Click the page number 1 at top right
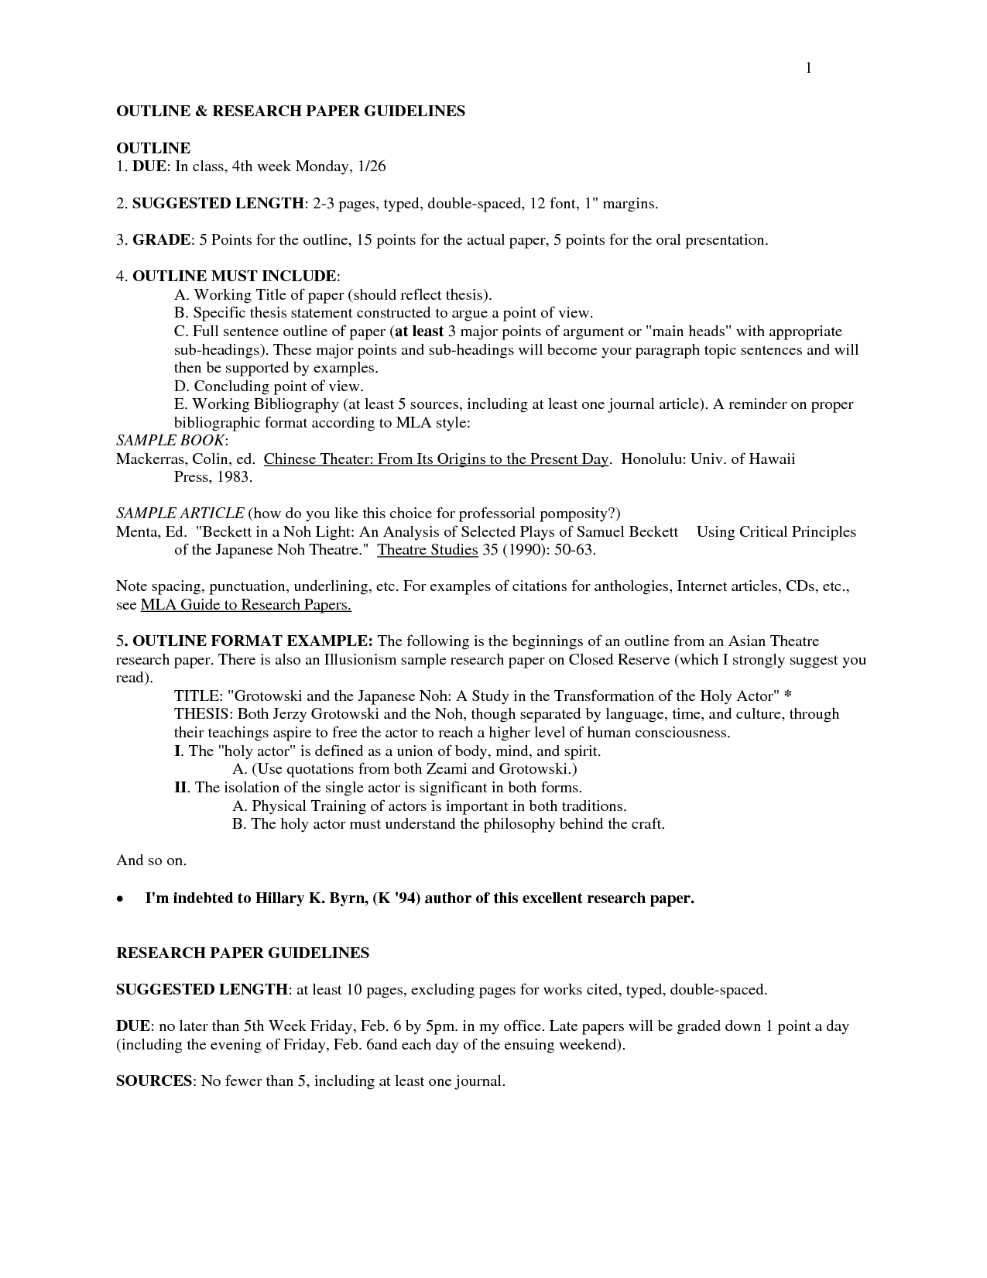point(808,68)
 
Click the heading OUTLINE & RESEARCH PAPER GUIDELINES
point(290,111)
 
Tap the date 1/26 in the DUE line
point(368,167)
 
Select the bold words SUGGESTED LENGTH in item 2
point(218,204)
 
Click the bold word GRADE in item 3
point(161,240)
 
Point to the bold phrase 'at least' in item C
point(419,332)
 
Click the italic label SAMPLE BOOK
point(171,440)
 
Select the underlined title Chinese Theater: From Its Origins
point(437,459)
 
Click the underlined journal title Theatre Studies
point(427,550)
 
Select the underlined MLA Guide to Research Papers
point(245,605)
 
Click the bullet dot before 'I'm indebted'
point(120,899)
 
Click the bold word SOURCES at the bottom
point(153,1080)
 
